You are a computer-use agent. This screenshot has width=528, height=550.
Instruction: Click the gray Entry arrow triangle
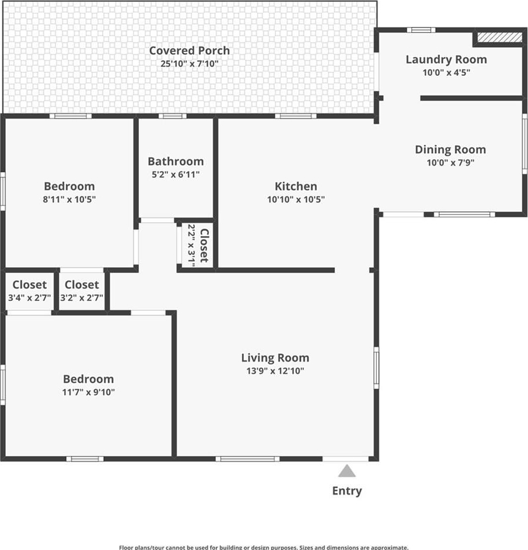[347, 471]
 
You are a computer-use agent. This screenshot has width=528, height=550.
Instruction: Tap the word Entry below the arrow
[347, 491]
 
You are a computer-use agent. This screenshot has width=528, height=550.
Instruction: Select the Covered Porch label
[190, 51]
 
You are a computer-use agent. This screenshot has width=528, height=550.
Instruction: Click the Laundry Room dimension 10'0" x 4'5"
[446, 72]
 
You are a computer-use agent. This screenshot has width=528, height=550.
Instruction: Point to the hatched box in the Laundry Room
[500, 37]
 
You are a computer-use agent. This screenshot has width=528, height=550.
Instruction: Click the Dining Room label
[450, 149]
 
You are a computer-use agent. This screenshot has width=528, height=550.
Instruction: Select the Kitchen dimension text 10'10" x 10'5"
[296, 199]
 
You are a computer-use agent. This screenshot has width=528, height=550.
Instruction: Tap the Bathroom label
[176, 162]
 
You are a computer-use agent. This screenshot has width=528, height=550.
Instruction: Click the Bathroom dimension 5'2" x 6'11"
[176, 174]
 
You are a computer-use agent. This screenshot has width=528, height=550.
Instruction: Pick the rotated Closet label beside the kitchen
[204, 246]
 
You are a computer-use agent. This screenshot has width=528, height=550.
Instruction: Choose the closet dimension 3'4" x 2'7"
[30, 298]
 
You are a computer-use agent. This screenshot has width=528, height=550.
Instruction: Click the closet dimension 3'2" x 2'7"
[82, 298]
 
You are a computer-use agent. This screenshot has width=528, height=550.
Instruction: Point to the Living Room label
[275, 358]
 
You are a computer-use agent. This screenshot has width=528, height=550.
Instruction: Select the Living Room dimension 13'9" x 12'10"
[275, 371]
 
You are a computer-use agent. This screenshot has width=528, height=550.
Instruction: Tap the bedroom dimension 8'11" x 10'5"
[69, 199]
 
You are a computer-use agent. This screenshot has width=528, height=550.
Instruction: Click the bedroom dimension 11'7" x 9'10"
[89, 392]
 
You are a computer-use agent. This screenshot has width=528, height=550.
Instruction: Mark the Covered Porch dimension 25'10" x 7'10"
[190, 64]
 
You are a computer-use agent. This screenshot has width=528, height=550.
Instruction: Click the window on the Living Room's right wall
[376, 367]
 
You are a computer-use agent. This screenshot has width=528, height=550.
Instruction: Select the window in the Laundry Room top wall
[421, 30]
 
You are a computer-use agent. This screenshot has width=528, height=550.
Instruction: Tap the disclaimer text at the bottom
[264, 547]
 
